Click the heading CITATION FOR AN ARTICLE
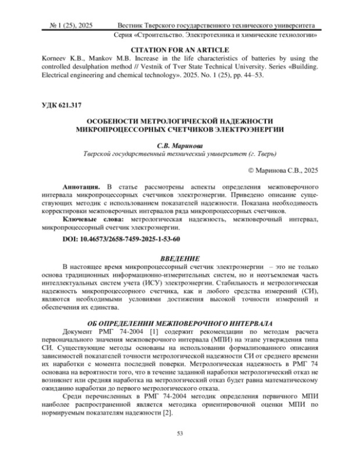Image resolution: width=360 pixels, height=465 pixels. coord(180,50)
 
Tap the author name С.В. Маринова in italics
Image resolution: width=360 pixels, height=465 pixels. coord(180,145)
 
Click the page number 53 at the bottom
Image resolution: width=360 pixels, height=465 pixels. coord(180,433)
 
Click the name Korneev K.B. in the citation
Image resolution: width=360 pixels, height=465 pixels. coord(60,58)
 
